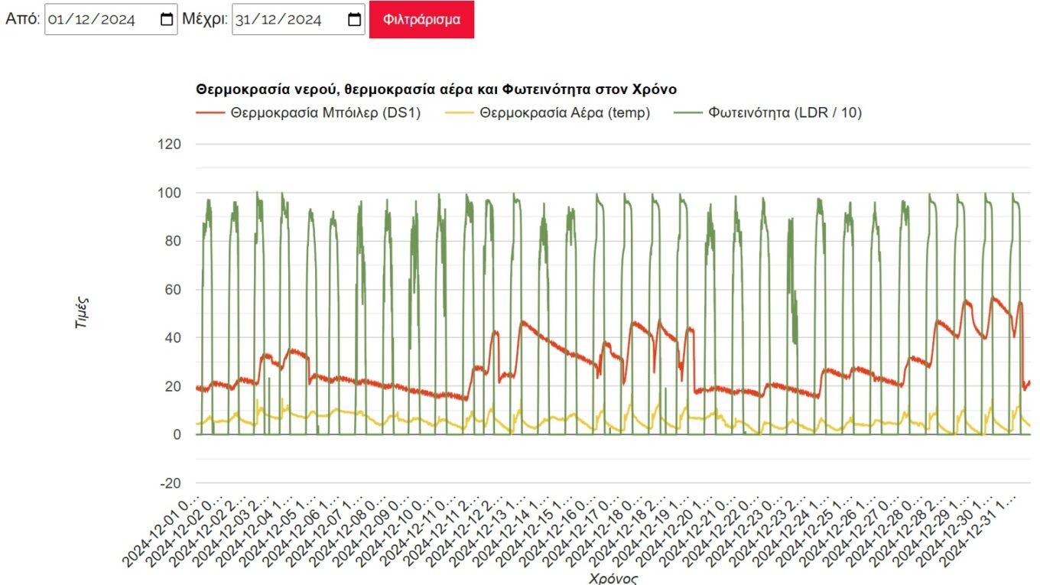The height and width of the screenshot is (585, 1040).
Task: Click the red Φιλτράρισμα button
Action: click(421, 19)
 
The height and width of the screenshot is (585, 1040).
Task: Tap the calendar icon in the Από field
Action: click(167, 20)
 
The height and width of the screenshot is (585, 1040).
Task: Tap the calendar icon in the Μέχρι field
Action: click(354, 20)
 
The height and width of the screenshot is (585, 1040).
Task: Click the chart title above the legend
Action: click(436, 89)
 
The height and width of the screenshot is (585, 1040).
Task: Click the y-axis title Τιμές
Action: click(82, 313)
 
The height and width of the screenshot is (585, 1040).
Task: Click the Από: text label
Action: click(22, 20)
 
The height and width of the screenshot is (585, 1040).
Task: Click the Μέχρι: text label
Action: click(205, 20)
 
